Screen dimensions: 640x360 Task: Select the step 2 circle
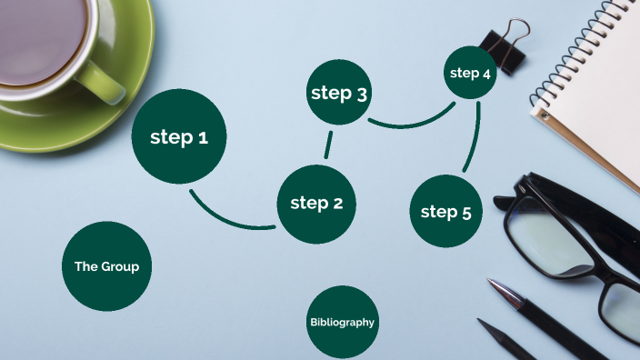315,204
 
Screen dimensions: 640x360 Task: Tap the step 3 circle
338,93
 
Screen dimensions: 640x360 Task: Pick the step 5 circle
445,212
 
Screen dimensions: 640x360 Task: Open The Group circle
106,266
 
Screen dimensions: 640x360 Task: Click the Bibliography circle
342,322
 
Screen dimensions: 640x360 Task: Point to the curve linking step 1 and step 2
227,218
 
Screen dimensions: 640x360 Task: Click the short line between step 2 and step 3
328,145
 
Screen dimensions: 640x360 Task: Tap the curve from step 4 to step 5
474,136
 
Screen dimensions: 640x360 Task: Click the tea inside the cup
41,41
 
